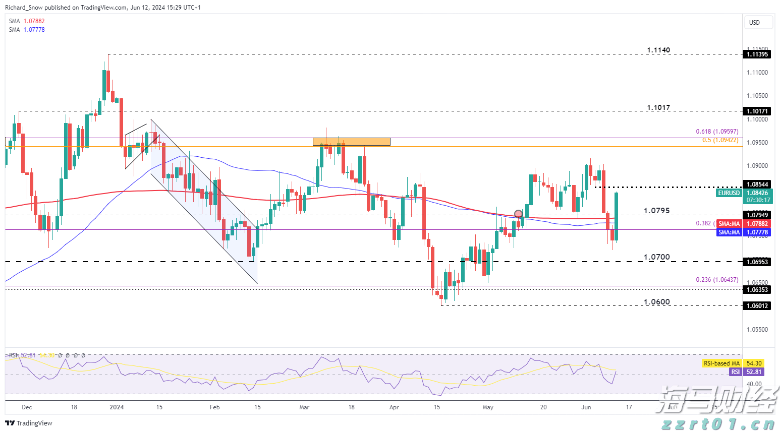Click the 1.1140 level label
(658, 50)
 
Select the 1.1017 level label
(658, 107)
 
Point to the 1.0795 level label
(656, 210)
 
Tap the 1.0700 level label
(656, 257)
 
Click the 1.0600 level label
(656, 302)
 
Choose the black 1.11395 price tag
(757, 54)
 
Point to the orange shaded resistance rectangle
(351, 142)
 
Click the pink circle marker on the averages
(518, 214)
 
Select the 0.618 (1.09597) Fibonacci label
(717, 132)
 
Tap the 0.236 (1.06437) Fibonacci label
(717, 280)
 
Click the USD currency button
(754, 23)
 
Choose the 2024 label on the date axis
(117, 407)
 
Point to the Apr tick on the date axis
(394, 407)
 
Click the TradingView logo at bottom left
(29, 423)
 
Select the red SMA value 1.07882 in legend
(34, 21)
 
